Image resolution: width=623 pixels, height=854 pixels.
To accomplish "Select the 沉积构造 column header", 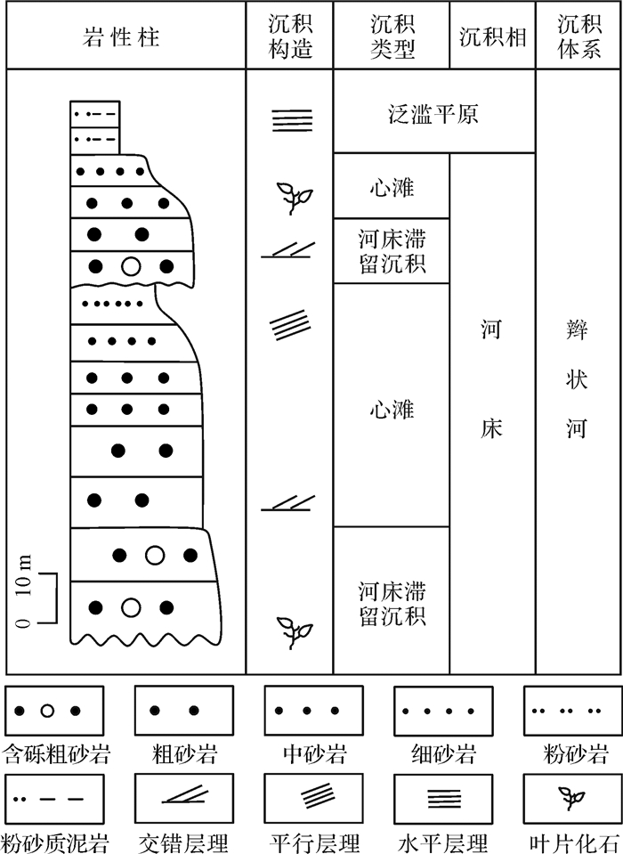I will tap(290, 37).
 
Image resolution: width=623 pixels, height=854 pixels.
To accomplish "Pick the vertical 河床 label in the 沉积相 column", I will tap(491, 381).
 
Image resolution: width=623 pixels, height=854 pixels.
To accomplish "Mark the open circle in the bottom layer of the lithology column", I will tap(131, 608).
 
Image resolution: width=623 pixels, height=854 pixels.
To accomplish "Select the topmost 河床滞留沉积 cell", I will tap(392, 251).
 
